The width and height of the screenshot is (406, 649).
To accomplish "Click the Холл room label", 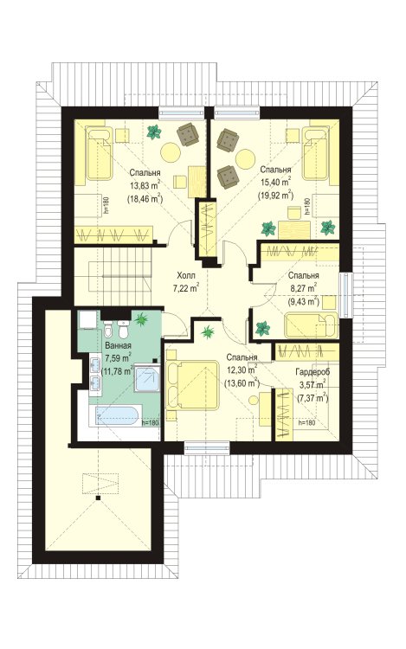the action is pyautogui.click(x=185, y=275).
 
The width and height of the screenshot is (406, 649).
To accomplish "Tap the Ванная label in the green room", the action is pyautogui.click(x=119, y=345).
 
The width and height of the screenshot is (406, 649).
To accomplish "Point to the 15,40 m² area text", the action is pyautogui.click(x=275, y=181).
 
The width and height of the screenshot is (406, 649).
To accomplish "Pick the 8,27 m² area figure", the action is pyautogui.click(x=303, y=286).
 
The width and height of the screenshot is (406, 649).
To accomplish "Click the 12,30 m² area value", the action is pyautogui.click(x=242, y=368).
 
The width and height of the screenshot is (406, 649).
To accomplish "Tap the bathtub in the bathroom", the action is pyautogui.click(x=116, y=415).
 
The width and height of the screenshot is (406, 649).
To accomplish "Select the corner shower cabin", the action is pyautogui.click(x=147, y=378).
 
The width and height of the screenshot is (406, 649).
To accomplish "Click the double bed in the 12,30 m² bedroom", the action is pyautogui.click(x=191, y=385).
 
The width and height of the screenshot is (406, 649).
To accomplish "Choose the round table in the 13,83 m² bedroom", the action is pyautogui.click(x=171, y=152).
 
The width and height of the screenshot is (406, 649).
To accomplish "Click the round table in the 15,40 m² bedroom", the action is pyautogui.click(x=246, y=158).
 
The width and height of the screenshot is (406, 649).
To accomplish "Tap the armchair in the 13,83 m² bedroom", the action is pyautogui.click(x=188, y=134).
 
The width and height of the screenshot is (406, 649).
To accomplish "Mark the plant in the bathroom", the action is pyautogui.click(x=142, y=318).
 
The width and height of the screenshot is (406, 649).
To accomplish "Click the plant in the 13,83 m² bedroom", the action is pyautogui.click(x=154, y=132).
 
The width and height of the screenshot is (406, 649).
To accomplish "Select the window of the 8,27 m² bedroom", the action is pyautogui.click(x=345, y=295).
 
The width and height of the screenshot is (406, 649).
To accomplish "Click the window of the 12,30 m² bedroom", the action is pyautogui.click(x=207, y=447).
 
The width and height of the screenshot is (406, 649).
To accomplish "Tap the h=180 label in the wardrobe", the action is pyautogui.click(x=306, y=423).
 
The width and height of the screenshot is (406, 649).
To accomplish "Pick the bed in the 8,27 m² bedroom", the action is pyautogui.click(x=311, y=324).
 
